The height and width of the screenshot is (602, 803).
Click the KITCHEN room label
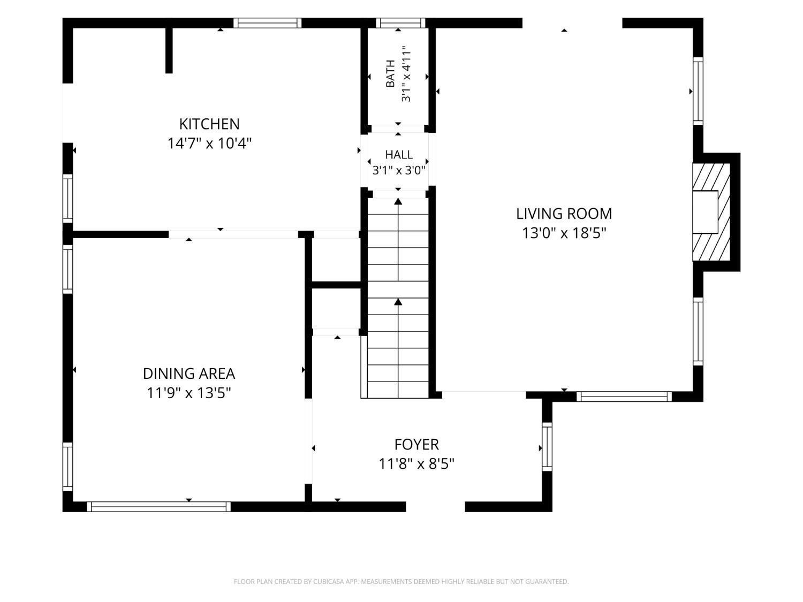pos(209,124)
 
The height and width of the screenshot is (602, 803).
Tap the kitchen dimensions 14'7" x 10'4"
pos(209,143)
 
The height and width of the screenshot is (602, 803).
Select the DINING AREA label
pos(189,374)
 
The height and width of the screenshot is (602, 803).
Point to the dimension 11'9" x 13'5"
pos(189,393)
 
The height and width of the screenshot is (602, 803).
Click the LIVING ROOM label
pos(564,214)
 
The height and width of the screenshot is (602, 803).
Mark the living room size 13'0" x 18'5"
pos(564,233)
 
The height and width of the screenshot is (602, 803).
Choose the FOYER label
pos(416,445)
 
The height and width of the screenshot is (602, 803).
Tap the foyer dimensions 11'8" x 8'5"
pos(416,464)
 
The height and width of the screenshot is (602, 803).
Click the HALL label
pos(399,155)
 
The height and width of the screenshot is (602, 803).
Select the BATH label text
pos(390,73)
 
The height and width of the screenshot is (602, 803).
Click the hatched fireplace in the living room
pos(711,212)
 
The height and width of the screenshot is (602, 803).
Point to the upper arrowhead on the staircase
pos(398,201)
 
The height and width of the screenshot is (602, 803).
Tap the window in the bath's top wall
pos(400,23)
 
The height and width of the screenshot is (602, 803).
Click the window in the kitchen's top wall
pos(268,23)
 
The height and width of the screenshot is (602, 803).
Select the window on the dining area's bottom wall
pos(159,507)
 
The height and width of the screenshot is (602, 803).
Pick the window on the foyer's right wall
pos(547,447)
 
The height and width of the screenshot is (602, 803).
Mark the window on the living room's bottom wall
pos(624,397)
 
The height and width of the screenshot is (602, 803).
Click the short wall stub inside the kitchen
pos(169,50)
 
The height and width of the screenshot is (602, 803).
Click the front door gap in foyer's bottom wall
pos(435,507)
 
